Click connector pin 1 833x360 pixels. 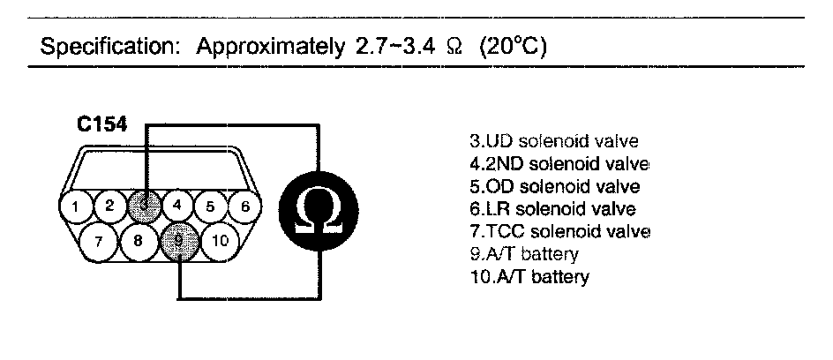click(77, 207)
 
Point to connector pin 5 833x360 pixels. click(211, 207)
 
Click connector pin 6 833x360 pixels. click(244, 207)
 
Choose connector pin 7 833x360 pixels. click(99, 240)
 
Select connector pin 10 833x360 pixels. click(221, 240)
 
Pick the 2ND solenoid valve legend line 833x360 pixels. click(560, 164)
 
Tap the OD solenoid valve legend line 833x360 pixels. click(555, 186)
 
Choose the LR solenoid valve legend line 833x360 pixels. click(553, 209)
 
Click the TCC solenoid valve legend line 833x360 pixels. click(560, 232)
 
